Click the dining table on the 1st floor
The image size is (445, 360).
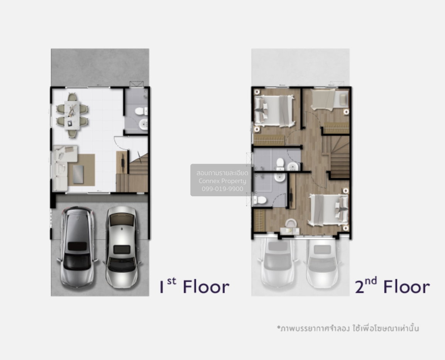(x=72, y=115)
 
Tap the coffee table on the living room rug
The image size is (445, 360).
(x=78, y=174)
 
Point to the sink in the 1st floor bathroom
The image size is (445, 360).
(x=143, y=124)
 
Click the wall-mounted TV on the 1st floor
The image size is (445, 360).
(x=123, y=162)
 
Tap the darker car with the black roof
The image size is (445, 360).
(x=77, y=246)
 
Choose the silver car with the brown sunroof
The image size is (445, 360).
(x=122, y=246)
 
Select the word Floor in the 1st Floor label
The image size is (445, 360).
(x=206, y=287)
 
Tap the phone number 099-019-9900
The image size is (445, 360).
(x=222, y=189)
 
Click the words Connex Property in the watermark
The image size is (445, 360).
(x=222, y=181)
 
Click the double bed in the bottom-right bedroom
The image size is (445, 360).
(x=329, y=210)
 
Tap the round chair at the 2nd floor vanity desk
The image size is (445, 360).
(x=290, y=223)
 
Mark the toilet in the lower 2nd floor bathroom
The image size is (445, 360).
(x=260, y=200)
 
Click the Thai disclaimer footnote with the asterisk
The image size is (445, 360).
(x=348, y=328)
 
